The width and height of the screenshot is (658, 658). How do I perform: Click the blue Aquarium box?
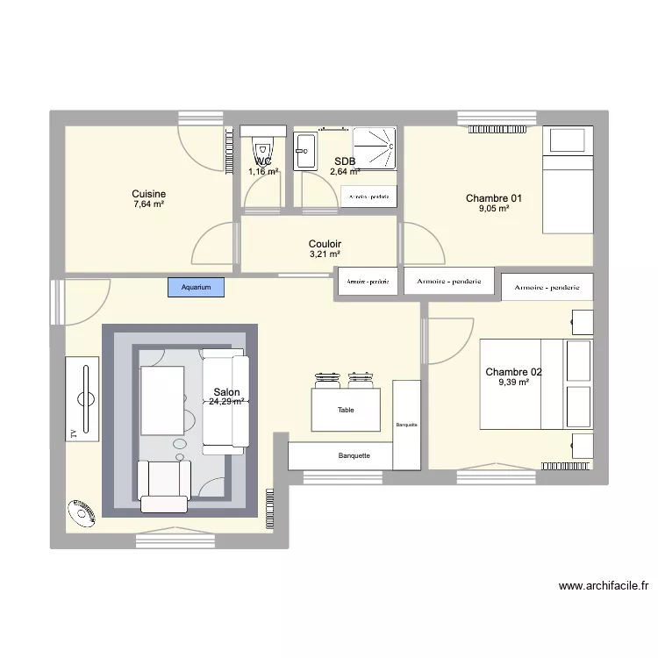tap(197, 287)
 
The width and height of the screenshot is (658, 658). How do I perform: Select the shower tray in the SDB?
tap(375, 147)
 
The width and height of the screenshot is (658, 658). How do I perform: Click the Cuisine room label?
tap(149, 194)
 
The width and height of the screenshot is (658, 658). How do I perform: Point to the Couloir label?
tap(325, 244)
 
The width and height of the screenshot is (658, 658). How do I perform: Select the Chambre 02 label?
tap(513, 372)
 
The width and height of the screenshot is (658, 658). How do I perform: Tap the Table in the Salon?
tap(346, 409)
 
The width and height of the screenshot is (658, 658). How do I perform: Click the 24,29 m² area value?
tap(226, 402)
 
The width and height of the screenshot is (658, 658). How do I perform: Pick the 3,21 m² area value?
tap(325, 254)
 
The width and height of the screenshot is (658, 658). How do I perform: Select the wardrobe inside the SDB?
tap(368, 197)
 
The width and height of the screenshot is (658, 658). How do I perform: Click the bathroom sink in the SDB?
tap(306, 151)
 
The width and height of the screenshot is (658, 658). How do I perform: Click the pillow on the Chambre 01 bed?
tap(567, 139)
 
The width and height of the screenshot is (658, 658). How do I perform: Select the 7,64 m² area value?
tap(149, 204)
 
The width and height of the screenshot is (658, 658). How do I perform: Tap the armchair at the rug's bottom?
tap(164, 485)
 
